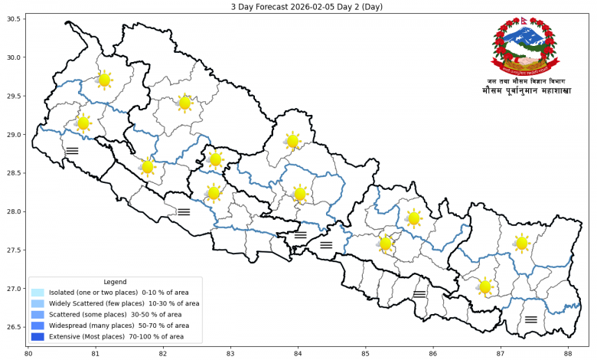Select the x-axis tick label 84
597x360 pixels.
[x=298, y=353]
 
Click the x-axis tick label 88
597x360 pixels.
[x=568, y=353]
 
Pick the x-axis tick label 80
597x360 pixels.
[x=28, y=353]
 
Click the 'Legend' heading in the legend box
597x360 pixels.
[x=115, y=282]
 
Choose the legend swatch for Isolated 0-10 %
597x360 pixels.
[x=38, y=293]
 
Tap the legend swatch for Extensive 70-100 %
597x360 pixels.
[x=38, y=336]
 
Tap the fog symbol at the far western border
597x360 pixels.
[x=72, y=151]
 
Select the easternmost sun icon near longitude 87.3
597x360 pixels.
[x=522, y=243]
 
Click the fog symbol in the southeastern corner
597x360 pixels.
[x=531, y=319]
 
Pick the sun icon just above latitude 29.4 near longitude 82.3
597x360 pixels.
[x=184, y=103]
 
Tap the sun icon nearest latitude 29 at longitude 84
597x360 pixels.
[x=292, y=141]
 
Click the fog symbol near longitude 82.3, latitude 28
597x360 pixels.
[x=184, y=211]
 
